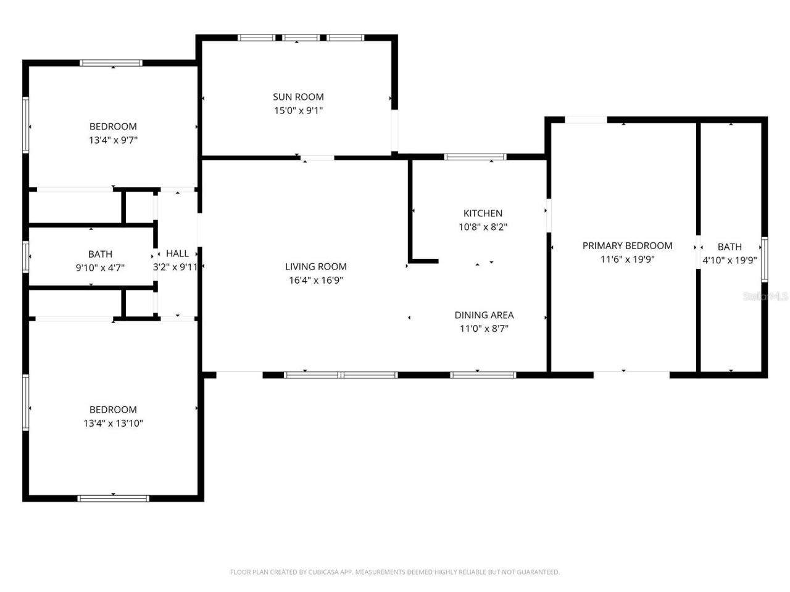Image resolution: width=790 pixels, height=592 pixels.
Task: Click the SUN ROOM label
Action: point(298,97)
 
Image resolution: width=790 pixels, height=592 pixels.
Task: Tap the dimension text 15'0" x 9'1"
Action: point(298,111)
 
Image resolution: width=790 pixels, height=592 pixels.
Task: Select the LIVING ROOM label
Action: point(315,266)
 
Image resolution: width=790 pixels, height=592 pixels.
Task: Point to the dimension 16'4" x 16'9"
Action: point(315,281)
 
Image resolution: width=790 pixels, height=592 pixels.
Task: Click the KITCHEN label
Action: point(483,213)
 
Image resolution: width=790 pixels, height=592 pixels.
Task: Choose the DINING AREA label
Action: point(484,315)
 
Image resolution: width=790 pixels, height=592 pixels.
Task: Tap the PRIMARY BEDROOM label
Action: point(627,245)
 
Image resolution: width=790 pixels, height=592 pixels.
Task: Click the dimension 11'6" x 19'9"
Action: point(627,260)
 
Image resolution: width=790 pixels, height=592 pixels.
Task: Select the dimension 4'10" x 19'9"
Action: point(730,260)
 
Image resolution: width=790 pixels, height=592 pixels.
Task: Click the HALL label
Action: point(177,253)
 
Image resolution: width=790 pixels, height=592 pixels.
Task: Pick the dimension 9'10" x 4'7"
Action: point(100,268)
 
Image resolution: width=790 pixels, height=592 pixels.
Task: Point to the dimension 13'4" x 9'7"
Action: point(113,141)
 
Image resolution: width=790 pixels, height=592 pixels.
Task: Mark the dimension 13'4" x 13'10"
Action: point(113,424)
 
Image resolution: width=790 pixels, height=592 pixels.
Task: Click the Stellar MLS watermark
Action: point(765,297)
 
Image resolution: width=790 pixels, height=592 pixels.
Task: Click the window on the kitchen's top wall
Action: point(475,157)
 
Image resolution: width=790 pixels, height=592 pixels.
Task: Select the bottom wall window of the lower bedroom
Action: point(113,498)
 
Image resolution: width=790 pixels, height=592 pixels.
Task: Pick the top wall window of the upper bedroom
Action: point(111,63)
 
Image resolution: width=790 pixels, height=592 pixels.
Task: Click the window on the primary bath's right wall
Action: point(764,260)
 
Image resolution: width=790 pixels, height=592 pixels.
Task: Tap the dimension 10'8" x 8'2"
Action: point(483,227)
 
